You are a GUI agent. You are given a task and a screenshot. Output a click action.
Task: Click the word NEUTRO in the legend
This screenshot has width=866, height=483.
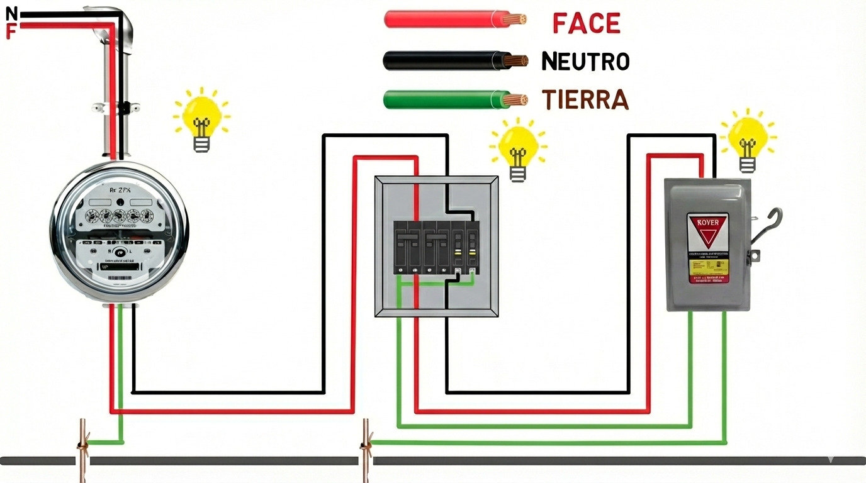(585, 61)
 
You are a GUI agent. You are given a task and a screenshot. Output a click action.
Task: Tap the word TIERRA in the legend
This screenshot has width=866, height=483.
(585, 99)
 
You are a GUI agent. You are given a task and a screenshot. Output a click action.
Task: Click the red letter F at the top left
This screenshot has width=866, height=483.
(11, 31)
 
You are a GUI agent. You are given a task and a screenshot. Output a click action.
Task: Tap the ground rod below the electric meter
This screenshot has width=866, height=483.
(82, 450)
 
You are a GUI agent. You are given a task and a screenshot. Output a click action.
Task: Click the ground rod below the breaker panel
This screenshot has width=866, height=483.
(366, 450)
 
